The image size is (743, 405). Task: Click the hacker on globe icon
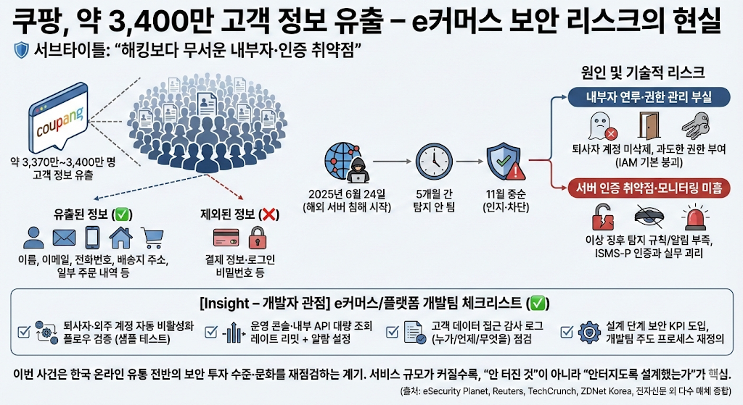click(349, 163)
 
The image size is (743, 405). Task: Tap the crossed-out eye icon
click(649, 217)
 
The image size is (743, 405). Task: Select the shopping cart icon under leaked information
click(152, 237)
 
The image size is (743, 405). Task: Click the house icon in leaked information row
click(120, 237)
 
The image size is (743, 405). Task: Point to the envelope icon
click(64, 237)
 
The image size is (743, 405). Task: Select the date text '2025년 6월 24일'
click(348, 195)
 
